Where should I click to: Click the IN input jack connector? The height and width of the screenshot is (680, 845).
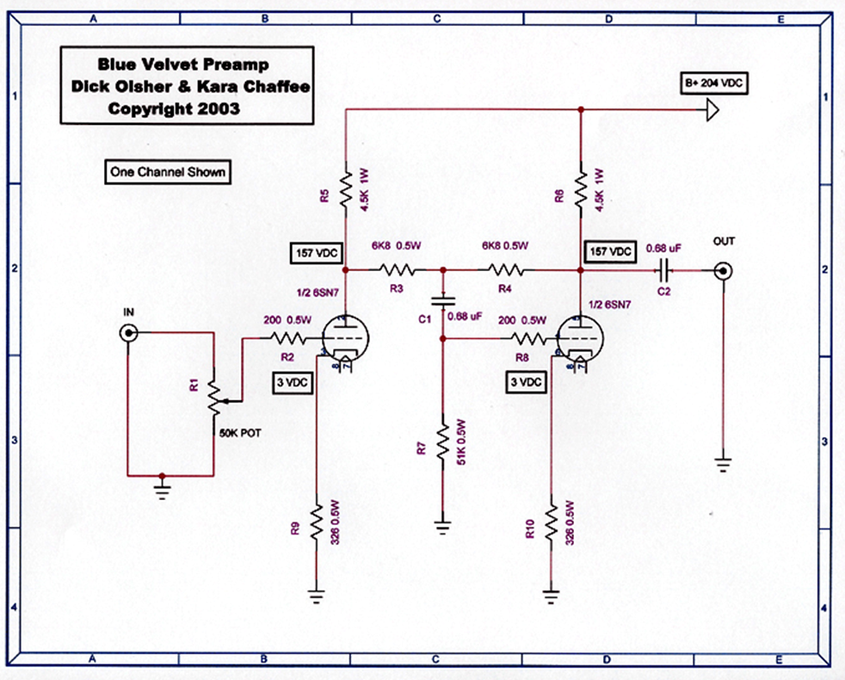[128, 333]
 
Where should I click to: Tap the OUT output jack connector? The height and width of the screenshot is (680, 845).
[723, 270]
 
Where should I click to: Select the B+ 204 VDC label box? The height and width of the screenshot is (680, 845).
[713, 83]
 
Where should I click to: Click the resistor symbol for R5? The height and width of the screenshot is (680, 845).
[346, 189]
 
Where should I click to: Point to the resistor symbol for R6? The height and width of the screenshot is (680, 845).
[580, 189]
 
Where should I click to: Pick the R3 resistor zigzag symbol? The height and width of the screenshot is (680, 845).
[397, 269]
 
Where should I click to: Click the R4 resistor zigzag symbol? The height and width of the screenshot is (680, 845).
[505, 269]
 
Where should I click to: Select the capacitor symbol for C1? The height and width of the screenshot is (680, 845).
[442, 301]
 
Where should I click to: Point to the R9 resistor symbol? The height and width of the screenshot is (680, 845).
[317, 522]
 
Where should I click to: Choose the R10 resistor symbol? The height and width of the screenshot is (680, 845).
[551, 522]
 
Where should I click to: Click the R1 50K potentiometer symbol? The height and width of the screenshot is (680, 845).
[216, 399]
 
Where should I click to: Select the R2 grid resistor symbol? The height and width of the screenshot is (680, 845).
[287, 338]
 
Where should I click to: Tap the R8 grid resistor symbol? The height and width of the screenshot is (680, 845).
[528, 338]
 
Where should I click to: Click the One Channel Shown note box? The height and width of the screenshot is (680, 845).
[168, 172]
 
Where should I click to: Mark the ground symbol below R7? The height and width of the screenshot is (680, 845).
[442, 528]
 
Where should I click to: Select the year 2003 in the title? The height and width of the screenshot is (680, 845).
[219, 108]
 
